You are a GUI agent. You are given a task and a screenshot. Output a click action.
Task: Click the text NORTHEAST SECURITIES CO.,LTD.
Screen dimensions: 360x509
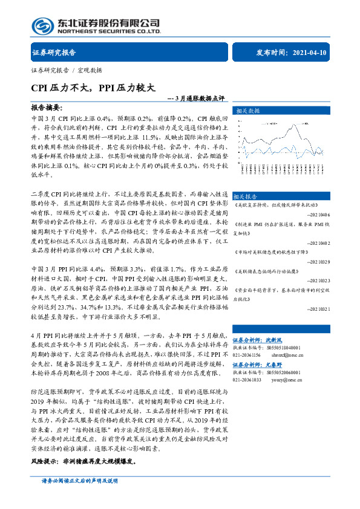tap(108, 31)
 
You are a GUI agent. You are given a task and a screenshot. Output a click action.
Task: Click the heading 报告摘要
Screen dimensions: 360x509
tap(47, 106)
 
